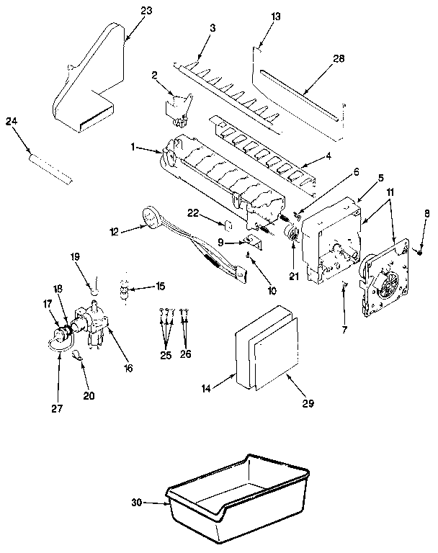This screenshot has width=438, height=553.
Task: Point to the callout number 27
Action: click(x=57, y=408)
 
